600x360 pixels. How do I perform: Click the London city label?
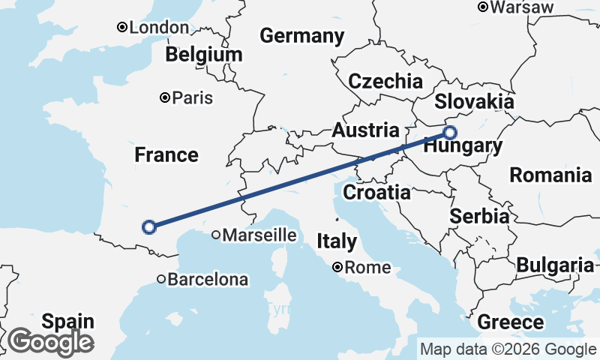pos(159,28)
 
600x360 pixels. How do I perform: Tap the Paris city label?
pos(193,97)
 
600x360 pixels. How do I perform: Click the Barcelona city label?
pos(207,280)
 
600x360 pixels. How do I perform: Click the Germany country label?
pos(301,36)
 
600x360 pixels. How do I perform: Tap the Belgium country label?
pos(205,55)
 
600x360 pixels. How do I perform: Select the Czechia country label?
pos(385,82)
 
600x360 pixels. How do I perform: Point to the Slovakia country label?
pos(474,102)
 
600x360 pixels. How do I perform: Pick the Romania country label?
pos(550,175)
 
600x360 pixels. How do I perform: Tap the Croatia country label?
pos(376,192)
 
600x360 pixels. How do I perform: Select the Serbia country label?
pos(480,216)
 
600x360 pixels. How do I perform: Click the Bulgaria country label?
pos(555,265)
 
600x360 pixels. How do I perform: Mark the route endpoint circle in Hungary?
pos(449,133)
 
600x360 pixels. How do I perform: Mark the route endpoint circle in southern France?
pos(149,226)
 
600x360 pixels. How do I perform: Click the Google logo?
pos(51,342)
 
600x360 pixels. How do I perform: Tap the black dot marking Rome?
pos(338,267)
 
